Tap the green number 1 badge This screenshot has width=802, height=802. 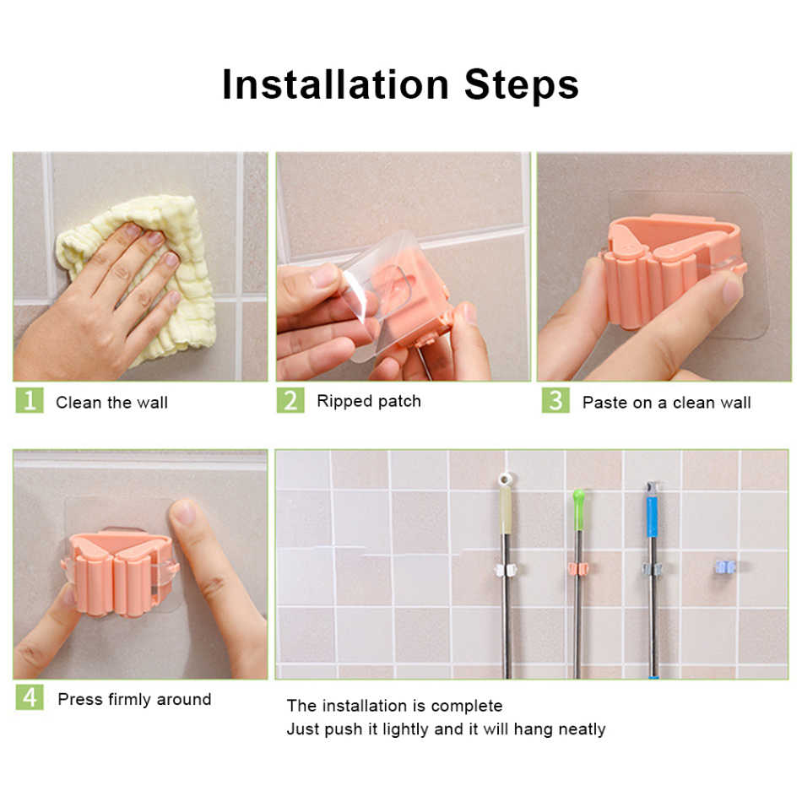pos(29,399)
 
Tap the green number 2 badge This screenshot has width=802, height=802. pos(290,399)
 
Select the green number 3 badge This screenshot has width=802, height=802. pos(555,399)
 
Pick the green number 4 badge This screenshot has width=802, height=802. pos(29,696)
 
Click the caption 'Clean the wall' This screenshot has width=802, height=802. pos(111,403)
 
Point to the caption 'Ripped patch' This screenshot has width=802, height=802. pos(369,401)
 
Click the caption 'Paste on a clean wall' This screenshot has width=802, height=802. pos(666,403)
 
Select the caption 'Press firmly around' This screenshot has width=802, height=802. pos(134,699)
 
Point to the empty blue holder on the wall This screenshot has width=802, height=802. pos(725,566)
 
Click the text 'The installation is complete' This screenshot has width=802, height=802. pos(394,706)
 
